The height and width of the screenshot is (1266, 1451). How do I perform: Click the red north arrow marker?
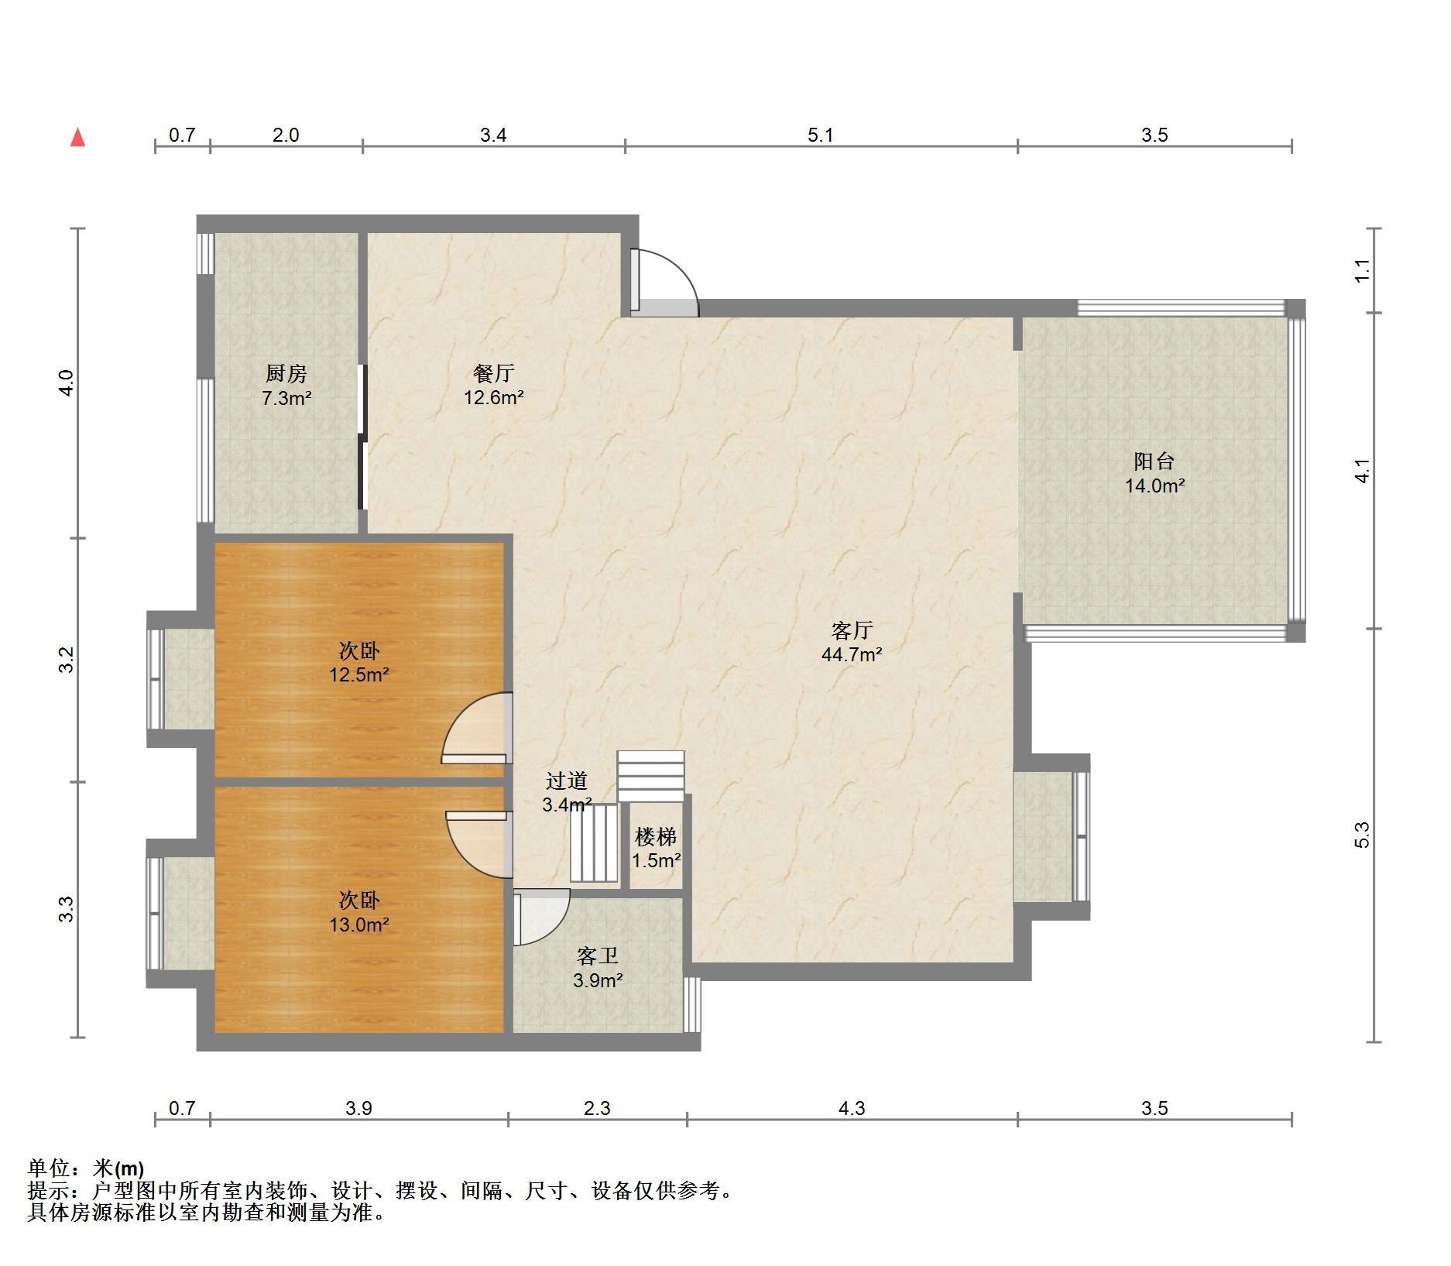(77, 138)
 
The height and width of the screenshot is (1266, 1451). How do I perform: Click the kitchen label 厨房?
(286, 373)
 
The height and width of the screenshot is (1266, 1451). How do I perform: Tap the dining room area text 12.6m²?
(494, 398)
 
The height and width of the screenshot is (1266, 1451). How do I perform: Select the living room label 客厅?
(852, 630)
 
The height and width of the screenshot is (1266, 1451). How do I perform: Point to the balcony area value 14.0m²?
(1154, 485)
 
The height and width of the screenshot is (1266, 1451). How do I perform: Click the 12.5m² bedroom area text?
(359, 674)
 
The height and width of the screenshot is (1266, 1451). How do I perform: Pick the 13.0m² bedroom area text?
(359, 925)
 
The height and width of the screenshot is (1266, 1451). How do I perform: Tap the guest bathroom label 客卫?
(598, 956)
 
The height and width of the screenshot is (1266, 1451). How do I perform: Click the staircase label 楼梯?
(656, 836)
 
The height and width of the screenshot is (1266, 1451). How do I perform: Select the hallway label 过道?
(567, 781)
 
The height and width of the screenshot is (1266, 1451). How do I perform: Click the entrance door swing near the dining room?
(664, 283)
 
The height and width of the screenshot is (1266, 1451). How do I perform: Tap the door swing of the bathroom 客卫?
(542, 918)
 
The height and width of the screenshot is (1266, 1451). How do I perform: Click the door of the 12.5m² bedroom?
(476, 728)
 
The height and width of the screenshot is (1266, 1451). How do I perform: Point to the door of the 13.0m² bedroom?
(479, 844)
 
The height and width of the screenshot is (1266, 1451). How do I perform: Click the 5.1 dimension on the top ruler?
(821, 136)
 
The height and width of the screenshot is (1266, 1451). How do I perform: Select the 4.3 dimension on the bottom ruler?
(852, 1109)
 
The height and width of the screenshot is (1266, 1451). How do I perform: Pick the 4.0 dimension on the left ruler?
(67, 383)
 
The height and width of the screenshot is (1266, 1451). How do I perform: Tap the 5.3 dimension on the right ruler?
(1363, 835)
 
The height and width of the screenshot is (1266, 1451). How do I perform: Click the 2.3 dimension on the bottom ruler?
(597, 1109)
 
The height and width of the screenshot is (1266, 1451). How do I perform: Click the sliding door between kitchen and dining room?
(362, 437)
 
